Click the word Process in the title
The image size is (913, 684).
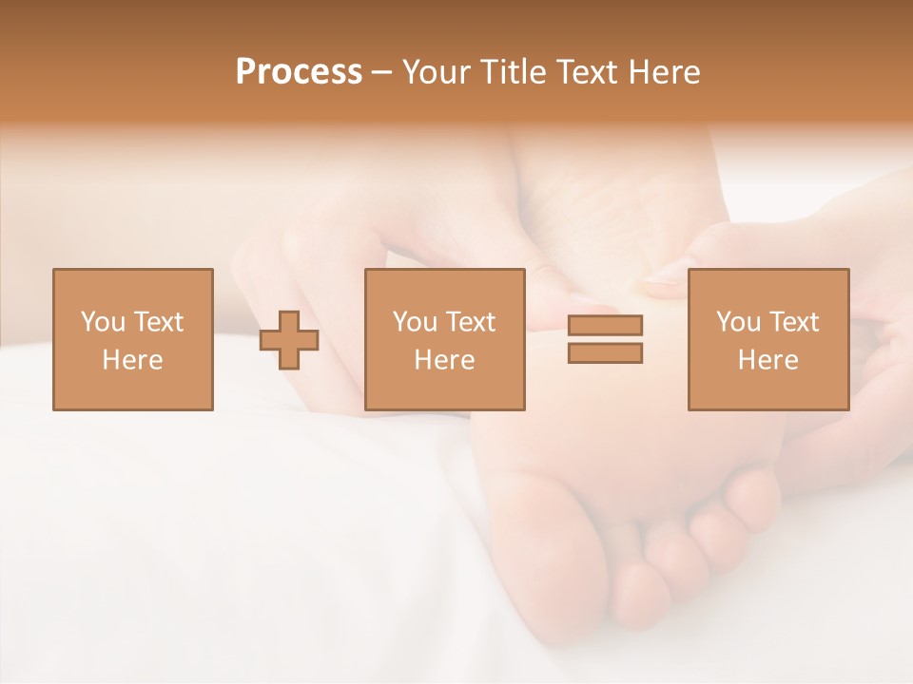299,72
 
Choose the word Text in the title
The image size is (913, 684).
585,72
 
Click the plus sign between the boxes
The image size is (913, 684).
289,340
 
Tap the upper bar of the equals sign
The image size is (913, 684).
605,325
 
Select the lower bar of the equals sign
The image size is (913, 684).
605,353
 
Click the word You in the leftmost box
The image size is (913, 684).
102,322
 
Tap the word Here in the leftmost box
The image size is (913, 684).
132,360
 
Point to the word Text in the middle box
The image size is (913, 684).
471,322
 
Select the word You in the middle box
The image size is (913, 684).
414,322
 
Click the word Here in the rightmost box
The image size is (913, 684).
767,360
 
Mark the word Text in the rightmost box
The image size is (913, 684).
794,322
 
